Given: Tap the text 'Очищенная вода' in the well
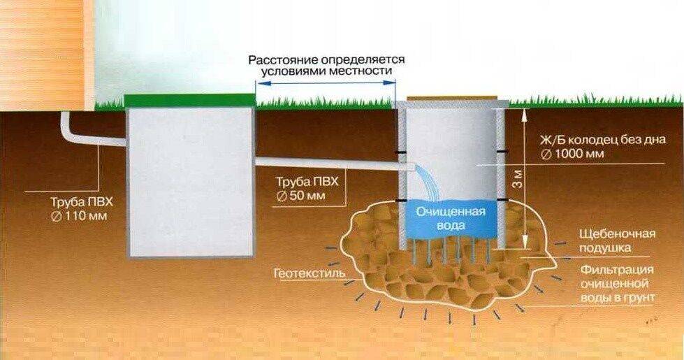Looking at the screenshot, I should click(x=451, y=218).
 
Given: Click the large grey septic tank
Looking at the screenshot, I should click(x=189, y=182).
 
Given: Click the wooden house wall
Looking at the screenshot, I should click(x=45, y=52).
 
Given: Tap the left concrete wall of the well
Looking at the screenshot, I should click(x=402, y=175).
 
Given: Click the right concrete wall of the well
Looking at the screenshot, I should click(x=501, y=175).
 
